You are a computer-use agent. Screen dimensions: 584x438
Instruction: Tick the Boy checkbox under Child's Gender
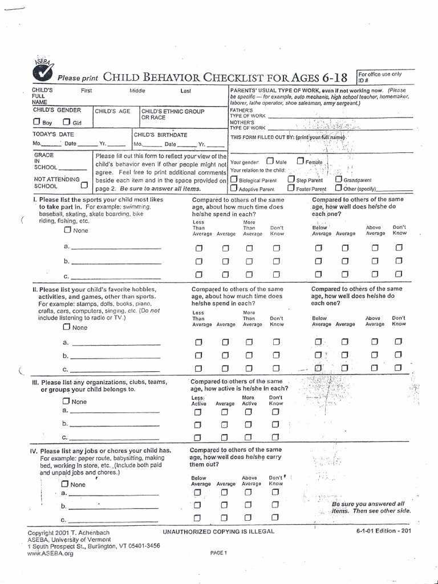click(36, 121)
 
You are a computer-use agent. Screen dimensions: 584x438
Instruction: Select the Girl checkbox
click(67, 121)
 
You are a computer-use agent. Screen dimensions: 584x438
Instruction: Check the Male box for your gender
click(270, 161)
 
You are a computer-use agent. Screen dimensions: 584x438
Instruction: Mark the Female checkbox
click(300, 161)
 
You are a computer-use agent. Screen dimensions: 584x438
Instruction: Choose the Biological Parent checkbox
click(234, 179)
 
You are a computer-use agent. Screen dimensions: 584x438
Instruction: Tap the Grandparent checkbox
click(338, 179)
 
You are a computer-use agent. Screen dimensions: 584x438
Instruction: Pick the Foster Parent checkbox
click(291, 188)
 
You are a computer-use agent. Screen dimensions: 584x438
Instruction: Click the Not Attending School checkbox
click(84, 185)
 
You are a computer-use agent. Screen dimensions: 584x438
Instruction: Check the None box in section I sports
click(67, 230)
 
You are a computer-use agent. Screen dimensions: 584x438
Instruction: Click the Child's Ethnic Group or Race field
click(182, 121)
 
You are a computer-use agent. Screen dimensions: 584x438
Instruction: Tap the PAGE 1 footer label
click(218, 552)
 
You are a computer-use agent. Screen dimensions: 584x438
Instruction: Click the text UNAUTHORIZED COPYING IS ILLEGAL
click(218, 531)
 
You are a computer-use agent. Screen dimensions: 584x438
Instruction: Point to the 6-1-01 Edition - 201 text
click(383, 530)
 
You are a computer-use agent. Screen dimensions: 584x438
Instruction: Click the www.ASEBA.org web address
click(51, 553)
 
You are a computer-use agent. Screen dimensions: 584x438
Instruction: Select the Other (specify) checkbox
click(339, 188)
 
